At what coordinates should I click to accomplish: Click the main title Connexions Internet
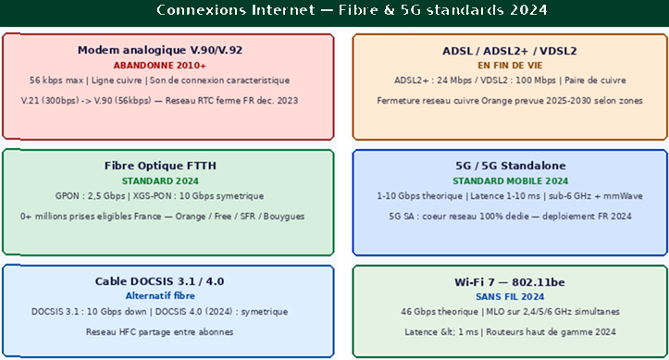click(x=236, y=10)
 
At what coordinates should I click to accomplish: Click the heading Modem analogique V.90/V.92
click(x=160, y=50)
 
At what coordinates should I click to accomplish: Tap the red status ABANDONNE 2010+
click(x=159, y=66)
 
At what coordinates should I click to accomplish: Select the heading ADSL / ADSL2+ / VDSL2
click(x=510, y=51)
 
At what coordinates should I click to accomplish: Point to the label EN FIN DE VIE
click(x=510, y=66)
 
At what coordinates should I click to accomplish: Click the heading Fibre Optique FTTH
click(x=160, y=166)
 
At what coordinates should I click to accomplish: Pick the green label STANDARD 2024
click(x=160, y=180)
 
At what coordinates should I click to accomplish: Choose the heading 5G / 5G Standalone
click(x=510, y=166)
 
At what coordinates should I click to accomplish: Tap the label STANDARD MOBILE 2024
click(x=510, y=180)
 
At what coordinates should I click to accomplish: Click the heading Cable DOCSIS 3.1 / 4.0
click(x=159, y=281)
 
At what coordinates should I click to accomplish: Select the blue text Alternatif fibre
click(x=160, y=295)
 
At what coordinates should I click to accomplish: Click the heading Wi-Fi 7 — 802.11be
click(x=510, y=282)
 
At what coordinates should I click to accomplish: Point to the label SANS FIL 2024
click(x=510, y=296)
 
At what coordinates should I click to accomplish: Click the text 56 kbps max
click(x=56, y=81)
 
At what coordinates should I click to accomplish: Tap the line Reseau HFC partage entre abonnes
click(x=159, y=332)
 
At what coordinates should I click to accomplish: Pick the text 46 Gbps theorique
click(x=439, y=311)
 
